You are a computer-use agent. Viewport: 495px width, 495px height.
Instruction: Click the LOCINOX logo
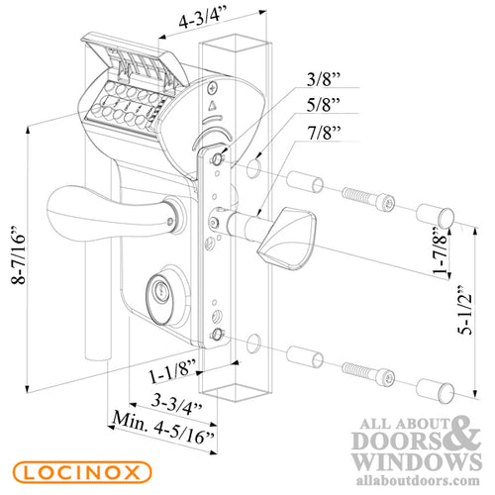(73, 470)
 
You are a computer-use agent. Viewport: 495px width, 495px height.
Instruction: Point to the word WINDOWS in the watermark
(405, 462)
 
